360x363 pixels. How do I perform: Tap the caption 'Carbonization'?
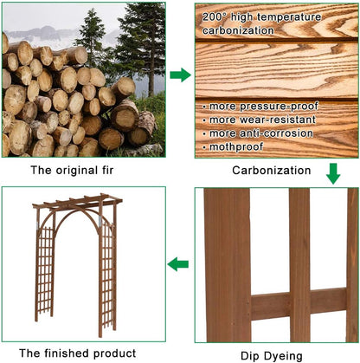click(272, 171)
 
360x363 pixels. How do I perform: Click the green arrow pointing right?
click(180, 75)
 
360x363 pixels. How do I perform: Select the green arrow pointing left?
click(178, 263)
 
